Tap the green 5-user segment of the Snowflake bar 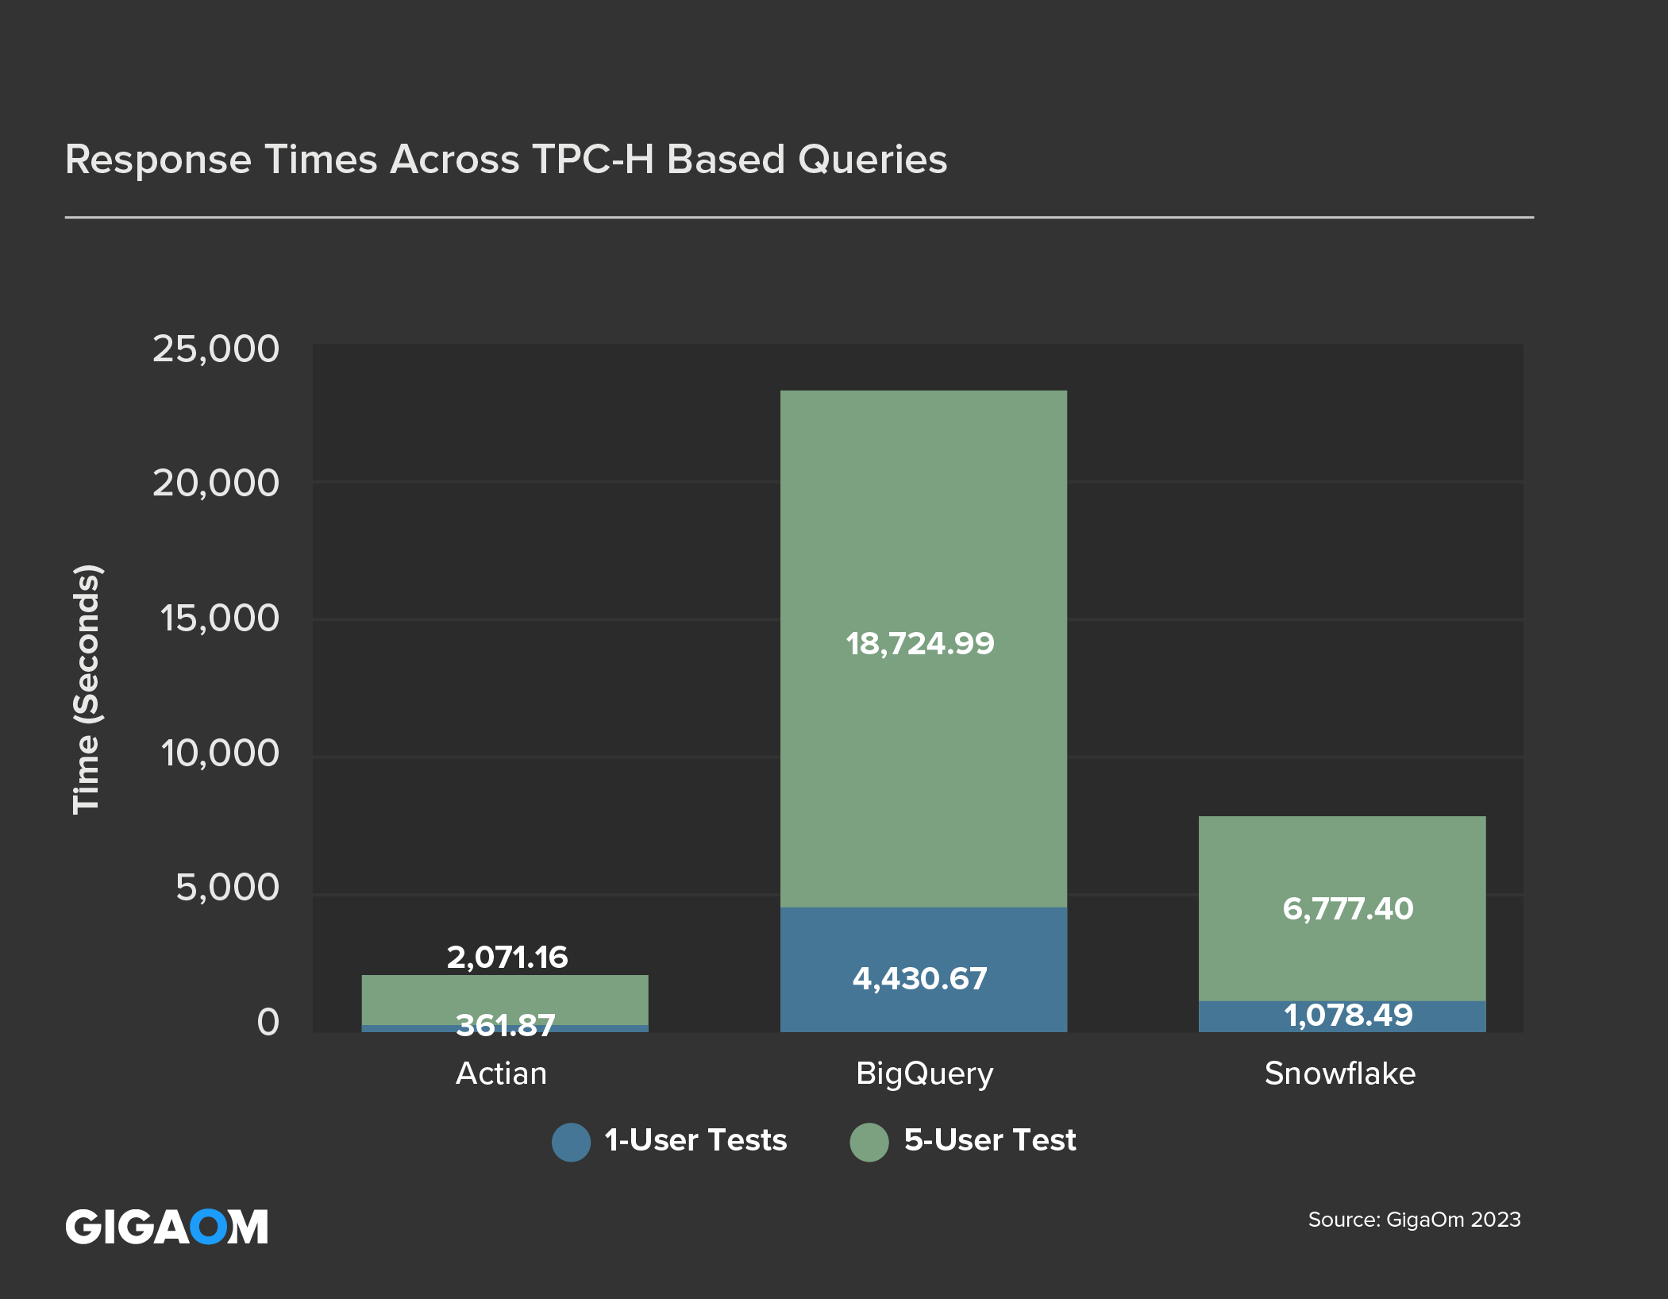[1342, 858]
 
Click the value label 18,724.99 [919, 643]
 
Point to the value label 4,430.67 [919, 978]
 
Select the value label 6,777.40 [1348, 908]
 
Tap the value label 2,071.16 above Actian [507, 957]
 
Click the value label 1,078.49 [1348, 1015]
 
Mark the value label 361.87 [506, 1025]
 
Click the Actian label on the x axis [501, 1074]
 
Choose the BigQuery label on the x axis [924, 1074]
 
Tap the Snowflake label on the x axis [1340, 1074]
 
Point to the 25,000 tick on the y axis [216, 349]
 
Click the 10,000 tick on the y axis [220, 753]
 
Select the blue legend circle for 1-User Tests [571, 1142]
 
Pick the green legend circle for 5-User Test [869, 1142]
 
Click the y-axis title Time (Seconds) [87, 688]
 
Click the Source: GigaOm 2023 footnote [1414, 1220]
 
